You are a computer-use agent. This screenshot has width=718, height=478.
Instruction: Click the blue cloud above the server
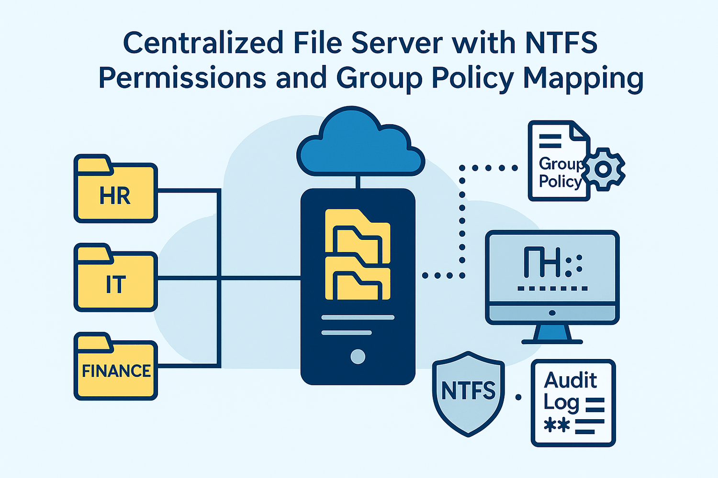(360, 146)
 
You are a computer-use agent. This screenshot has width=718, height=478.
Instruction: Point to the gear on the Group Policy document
(604, 169)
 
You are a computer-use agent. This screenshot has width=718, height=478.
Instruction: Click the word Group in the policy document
(560, 163)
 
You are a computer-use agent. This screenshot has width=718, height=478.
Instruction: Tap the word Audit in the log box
(571, 380)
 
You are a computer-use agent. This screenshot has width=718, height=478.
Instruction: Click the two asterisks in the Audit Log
(557, 425)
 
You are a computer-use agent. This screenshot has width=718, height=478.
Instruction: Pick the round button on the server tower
(358, 357)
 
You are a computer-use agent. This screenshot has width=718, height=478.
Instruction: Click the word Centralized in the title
(203, 43)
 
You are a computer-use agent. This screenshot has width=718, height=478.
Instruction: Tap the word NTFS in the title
(561, 43)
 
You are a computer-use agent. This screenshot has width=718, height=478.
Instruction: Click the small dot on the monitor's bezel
(552, 313)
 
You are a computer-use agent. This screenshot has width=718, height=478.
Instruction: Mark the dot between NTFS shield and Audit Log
(518, 397)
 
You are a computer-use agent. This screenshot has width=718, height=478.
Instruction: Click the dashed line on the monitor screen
(552, 289)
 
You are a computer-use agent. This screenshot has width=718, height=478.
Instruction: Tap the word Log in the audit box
(561, 402)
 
